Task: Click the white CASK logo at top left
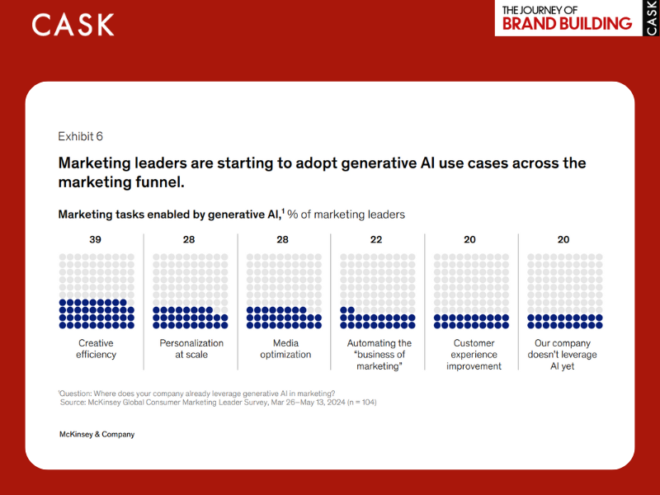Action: click(73, 25)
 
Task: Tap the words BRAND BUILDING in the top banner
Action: click(567, 24)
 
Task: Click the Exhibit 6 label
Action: click(80, 137)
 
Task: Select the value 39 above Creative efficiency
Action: click(97, 240)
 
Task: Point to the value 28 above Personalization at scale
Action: click(190, 240)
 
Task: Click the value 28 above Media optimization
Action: click(283, 240)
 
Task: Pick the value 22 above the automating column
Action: click(376, 240)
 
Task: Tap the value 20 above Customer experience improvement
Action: click(470, 240)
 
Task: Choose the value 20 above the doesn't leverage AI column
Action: click(563, 240)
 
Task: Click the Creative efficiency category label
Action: click(97, 349)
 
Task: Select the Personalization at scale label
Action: click(191, 349)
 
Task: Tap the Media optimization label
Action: click(284, 349)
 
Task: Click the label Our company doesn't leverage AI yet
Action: click(563, 355)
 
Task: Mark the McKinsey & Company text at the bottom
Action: click(97, 434)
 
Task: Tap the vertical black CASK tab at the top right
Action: click(652, 17)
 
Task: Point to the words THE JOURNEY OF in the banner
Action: click(541, 10)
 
